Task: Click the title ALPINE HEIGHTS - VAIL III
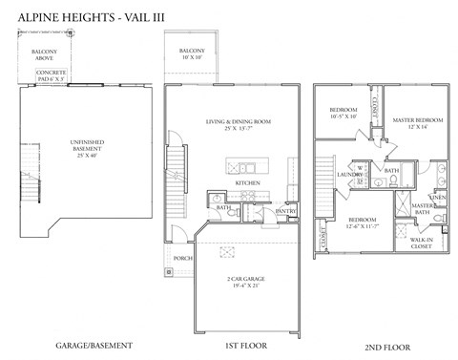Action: click(x=87, y=15)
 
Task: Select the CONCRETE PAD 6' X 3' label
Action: click(x=51, y=76)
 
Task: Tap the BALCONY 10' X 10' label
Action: click(x=192, y=53)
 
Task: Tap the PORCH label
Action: click(x=181, y=259)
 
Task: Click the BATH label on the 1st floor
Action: click(x=223, y=206)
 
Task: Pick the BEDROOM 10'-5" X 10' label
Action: click(x=343, y=114)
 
